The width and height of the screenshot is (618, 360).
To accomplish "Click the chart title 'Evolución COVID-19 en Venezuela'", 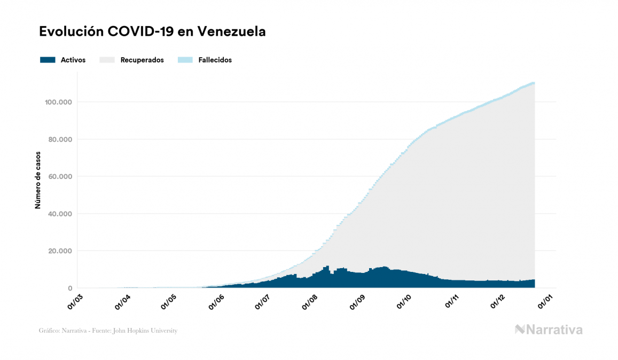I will pos(152,32).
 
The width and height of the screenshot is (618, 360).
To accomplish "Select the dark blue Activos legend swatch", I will pos(48,60).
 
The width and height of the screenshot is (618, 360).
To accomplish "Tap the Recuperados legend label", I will pos(142,60).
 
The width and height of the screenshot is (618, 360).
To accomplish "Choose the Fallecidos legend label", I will pos(215,60).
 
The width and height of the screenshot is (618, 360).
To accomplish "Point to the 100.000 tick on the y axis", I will pos(59,102).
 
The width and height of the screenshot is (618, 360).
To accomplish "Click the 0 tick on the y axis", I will pos(70,288).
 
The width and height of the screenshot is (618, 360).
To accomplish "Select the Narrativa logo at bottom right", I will pos(549,330).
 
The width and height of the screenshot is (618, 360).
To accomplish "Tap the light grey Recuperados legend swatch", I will pos(107,60).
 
